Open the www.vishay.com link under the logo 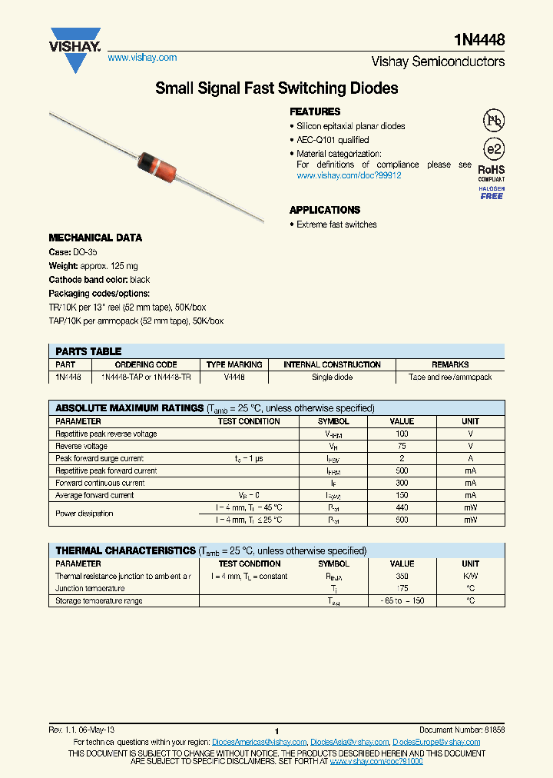(142, 58)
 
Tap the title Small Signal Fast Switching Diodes (276, 88)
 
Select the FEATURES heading (315, 111)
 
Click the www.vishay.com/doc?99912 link (349, 175)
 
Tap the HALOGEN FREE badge (492, 193)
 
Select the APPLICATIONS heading (324, 210)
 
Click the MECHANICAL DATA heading (95, 238)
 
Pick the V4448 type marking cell (234, 377)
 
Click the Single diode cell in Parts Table (332, 377)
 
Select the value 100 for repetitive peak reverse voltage (402, 434)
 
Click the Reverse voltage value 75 (402, 446)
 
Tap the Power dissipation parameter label (84, 514)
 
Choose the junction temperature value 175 (402, 588)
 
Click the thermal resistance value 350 (402, 576)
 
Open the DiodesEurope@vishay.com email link (436, 742)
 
